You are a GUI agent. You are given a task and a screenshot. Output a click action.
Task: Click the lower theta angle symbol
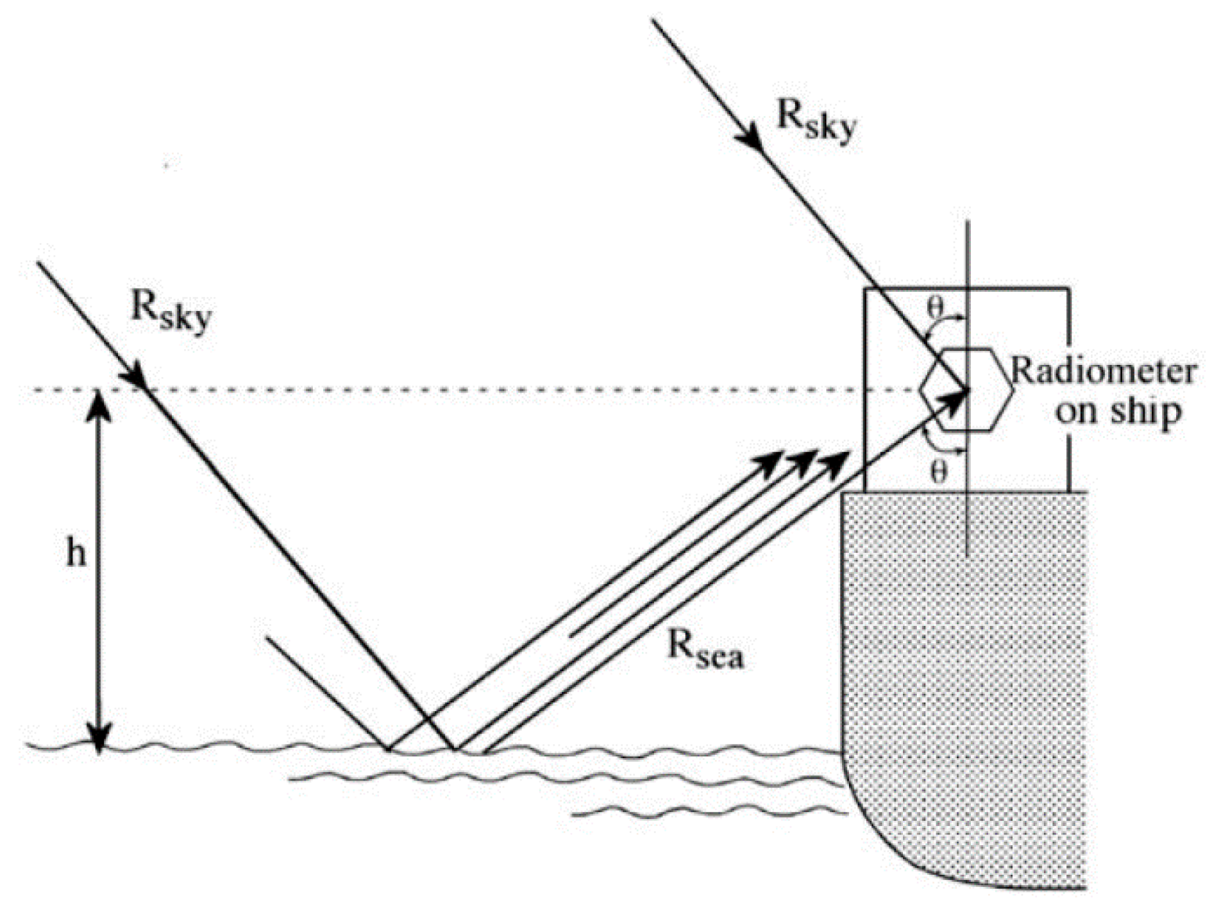[x=938, y=473]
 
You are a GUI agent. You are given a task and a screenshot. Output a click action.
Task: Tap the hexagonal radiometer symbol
[x=967, y=389]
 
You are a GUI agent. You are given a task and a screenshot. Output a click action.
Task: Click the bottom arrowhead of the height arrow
[x=99, y=737]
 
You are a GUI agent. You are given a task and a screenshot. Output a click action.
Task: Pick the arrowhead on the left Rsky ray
[x=137, y=376]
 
